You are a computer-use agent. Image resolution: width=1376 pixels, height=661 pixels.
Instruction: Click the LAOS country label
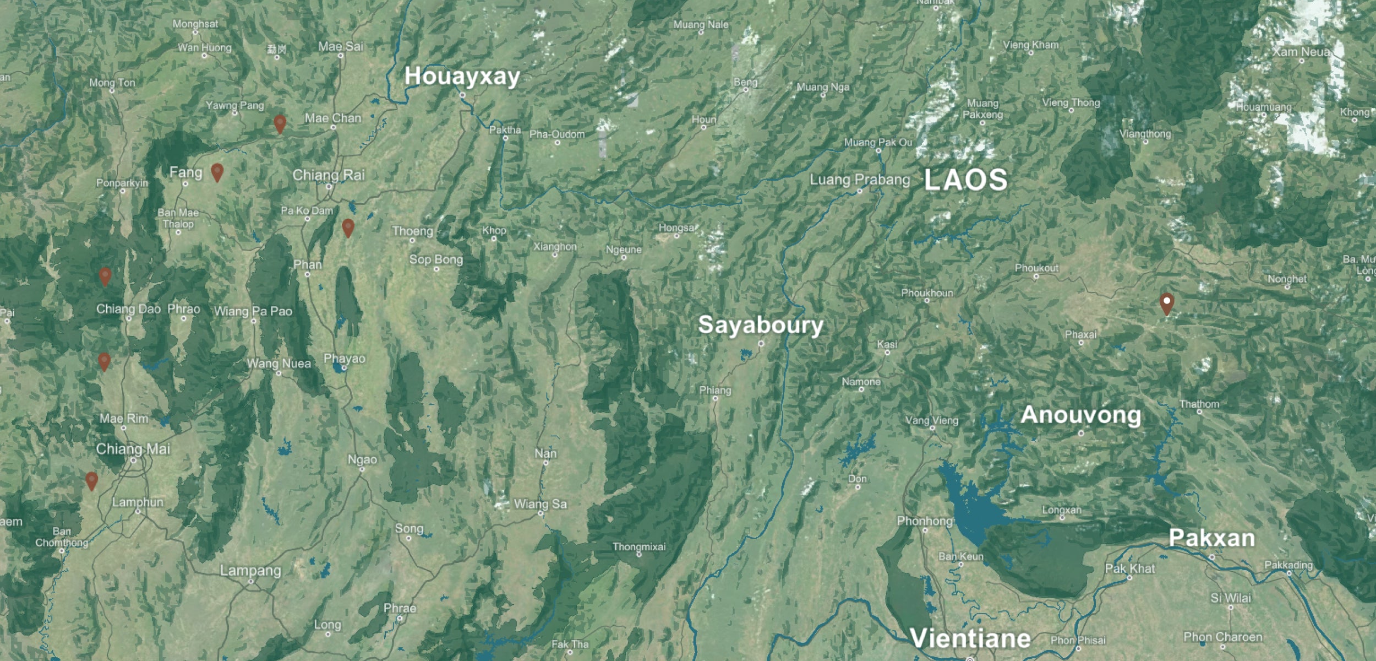pyautogui.click(x=965, y=180)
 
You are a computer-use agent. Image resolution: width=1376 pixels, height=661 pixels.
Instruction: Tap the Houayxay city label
pyautogui.click(x=462, y=77)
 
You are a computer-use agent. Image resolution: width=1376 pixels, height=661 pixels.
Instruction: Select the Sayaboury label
pyautogui.click(x=761, y=325)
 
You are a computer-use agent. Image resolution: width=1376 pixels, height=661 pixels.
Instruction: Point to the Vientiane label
pyautogui.click(x=970, y=638)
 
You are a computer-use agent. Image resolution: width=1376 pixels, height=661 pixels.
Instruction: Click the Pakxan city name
pyautogui.click(x=1211, y=538)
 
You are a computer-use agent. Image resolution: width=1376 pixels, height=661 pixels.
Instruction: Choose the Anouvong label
pyautogui.click(x=1080, y=415)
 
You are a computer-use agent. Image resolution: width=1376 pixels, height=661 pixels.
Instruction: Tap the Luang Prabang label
pyautogui.click(x=860, y=180)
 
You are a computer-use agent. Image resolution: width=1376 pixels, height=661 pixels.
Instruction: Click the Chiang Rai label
pyautogui.click(x=329, y=175)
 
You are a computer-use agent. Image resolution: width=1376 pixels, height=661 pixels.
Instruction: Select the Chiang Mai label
pyautogui.click(x=133, y=449)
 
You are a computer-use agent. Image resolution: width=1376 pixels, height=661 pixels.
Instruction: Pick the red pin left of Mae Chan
pyautogui.click(x=280, y=124)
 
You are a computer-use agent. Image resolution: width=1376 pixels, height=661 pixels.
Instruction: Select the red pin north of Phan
pyautogui.click(x=348, y=227)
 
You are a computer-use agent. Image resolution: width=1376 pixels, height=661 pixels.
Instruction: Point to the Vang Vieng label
pyautogui.click(x=932, y=421)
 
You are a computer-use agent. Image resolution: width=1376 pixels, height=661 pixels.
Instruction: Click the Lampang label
pyautogui.click(x=250, y=571)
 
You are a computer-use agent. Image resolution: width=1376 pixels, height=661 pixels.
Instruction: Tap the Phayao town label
pyautogui.click(x=345, y=359)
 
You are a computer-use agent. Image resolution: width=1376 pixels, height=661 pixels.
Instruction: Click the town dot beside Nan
pyautogui.click(x=545, y=463)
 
